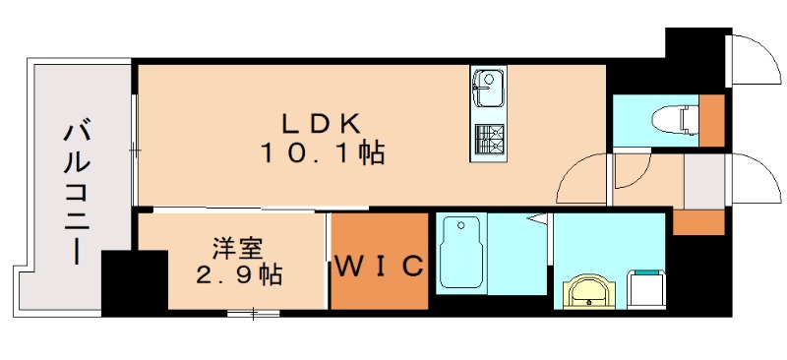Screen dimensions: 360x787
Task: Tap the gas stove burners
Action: tap(487, 139)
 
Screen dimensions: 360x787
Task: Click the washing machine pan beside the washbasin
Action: tap(646, 289)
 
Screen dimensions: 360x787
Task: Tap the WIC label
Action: tap(379, 266)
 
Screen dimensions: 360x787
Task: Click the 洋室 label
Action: tap(235, 248)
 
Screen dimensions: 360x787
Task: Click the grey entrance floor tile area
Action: tap(703, 181)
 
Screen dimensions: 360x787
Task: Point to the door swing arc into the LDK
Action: tap(580, 179)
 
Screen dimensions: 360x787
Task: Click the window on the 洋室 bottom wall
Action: tap(253, 313)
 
